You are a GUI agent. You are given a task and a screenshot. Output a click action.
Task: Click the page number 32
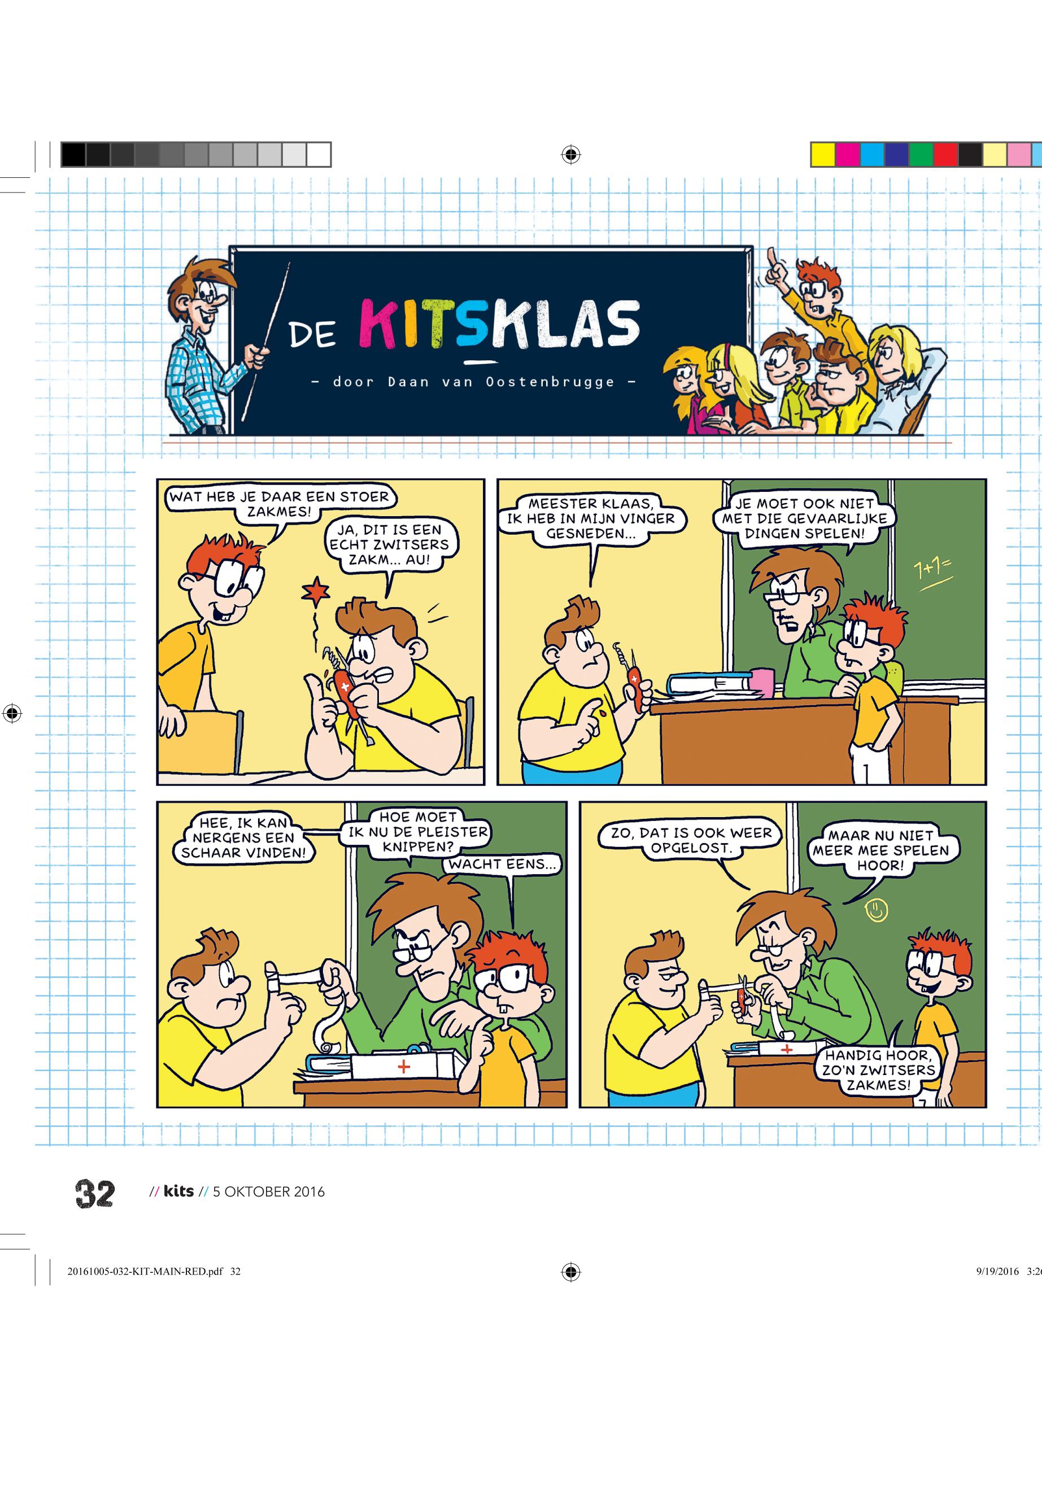coord(95,1193)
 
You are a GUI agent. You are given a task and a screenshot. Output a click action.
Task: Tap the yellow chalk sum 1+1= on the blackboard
coord(933,572)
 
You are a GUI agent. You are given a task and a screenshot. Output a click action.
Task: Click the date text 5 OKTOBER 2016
coord(268,1192)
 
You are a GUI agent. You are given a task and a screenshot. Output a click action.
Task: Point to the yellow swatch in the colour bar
coord(823,155)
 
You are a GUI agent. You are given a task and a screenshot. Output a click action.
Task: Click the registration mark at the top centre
coord(570,155)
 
